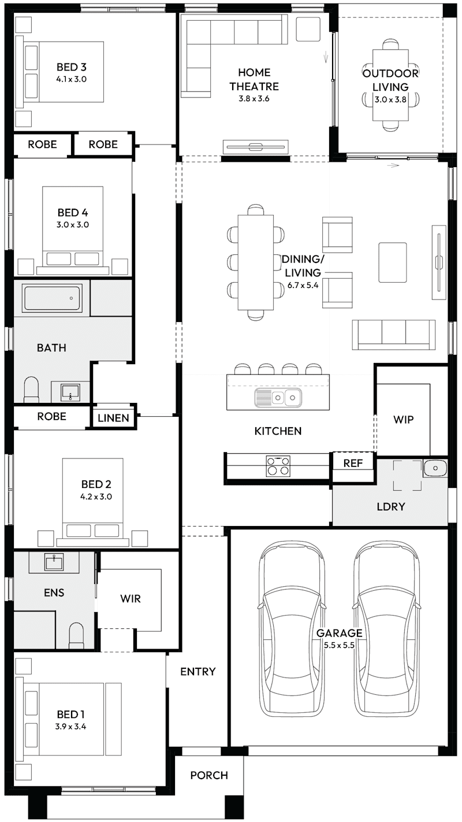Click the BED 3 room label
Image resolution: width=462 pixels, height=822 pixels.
tap(72, 66)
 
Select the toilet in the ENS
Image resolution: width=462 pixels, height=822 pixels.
tap(77, 636)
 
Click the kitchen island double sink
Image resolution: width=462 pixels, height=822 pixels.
tap(278, 397)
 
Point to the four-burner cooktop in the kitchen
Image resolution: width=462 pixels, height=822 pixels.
tap(278, 466)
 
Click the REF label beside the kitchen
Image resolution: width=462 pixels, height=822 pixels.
tap(353, 463)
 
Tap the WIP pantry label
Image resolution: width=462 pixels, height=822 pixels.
tap(403, 420)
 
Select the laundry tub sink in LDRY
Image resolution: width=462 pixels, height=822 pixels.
tap(434, 467)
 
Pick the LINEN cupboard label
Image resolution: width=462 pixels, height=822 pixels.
tap(113, 417)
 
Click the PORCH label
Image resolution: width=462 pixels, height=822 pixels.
tap(209, 775)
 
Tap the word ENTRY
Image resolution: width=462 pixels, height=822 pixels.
tap(198, 672)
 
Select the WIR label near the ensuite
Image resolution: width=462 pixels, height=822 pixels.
tap(131, 598)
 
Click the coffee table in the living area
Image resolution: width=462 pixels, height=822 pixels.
tap(393, 262)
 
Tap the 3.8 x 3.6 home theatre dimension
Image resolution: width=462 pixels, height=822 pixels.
tap(254, 99)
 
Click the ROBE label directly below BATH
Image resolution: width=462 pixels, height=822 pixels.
tap(51, 416)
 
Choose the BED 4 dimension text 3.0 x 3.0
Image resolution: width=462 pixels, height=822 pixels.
tap(73, 225)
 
